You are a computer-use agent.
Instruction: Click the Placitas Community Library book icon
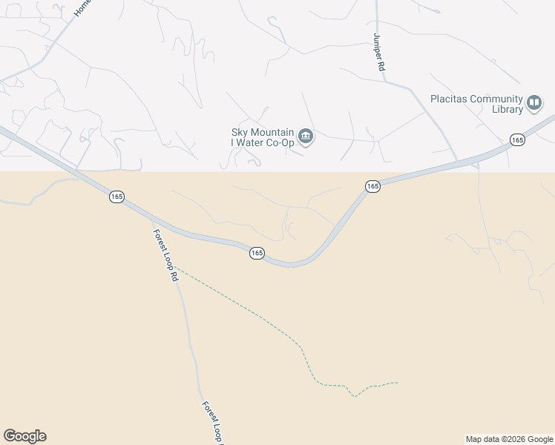click(534, 103)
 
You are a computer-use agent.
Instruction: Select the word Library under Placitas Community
click(508, 110)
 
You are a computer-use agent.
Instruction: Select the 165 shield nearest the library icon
click(517, 139)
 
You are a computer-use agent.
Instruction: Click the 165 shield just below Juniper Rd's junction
click(372, 187)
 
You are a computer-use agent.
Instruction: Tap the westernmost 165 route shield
click(116, 197)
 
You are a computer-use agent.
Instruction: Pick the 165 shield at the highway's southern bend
click(257, 253)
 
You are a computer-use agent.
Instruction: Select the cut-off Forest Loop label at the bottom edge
click(213, 423)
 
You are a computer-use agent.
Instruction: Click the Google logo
click(24, 436)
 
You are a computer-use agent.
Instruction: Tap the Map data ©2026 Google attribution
click(509, 439)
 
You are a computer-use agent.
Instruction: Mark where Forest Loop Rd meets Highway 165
click(151, 220)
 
